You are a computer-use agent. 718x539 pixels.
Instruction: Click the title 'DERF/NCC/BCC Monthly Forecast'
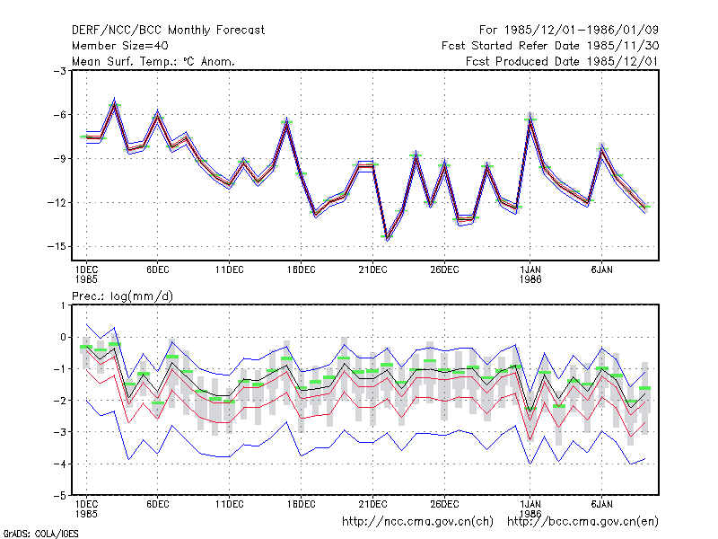coord(168,31)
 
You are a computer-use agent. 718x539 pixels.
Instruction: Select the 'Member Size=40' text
coord(120,46)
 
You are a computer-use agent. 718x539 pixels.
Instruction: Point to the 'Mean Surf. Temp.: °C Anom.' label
coord(153,61)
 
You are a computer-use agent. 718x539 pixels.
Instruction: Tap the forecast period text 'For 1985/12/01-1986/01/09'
coord(569,31)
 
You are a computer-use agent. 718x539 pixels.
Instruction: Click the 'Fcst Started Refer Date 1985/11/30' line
coord(550,46)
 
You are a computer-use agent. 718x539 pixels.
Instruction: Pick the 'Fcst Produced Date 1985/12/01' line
coord(562,61)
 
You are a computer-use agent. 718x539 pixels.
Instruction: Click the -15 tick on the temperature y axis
coord(57,246)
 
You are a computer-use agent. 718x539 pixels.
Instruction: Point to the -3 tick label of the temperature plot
coord(59,71)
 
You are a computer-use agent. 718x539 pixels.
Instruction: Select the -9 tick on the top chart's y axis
coord(59,159)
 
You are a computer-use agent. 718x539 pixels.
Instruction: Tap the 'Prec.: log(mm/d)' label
coord(123,296)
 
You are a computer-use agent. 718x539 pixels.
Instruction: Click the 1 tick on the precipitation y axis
coord(63,305)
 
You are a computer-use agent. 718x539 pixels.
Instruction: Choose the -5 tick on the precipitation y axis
coord(59,496)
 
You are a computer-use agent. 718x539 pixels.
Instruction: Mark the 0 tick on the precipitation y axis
coord(63,338)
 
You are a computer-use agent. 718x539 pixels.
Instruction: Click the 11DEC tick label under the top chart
coord(230,270)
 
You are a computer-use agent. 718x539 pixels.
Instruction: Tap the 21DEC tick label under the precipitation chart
coord(372,505)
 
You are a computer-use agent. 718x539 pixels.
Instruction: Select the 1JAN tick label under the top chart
coord(530,270)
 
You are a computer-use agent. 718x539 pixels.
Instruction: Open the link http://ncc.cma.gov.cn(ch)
coord(417,522)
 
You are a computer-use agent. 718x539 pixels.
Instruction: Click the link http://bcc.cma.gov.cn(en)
coord(582,522)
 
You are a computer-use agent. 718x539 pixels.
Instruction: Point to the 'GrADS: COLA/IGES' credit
coord(40,534)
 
